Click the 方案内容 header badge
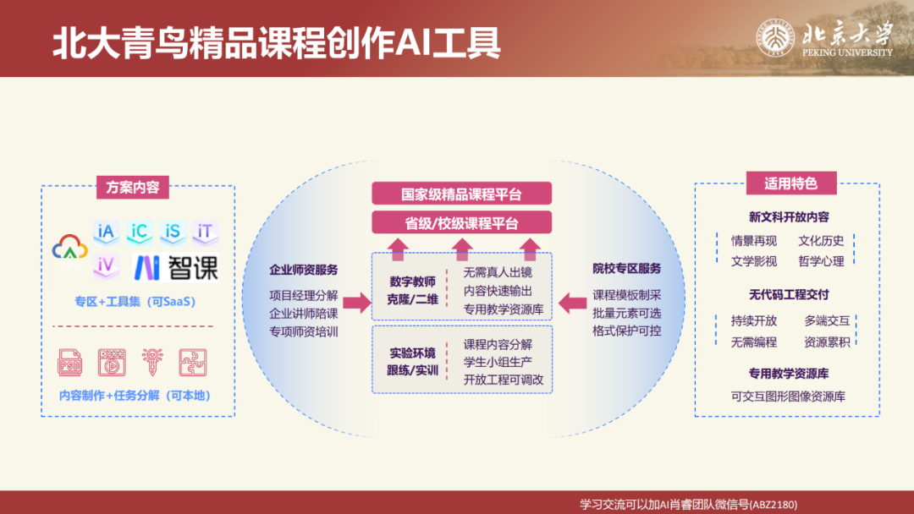point(133,187)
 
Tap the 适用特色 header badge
point(790,183)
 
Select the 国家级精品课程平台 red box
point(461,194)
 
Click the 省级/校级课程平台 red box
point(461,223)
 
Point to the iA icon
point(106,232)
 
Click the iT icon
point(204,232)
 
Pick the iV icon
point(106,265)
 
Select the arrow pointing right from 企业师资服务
point(357,302)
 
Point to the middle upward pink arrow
point(462,248)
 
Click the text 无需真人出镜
point(498,272)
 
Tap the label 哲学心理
point(821,261)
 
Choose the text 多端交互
point(827,320)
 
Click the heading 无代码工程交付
point(788,295)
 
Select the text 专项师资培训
point(304,331)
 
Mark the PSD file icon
point(70,362)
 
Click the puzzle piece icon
point(192,362)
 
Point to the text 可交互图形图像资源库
point(788,396)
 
